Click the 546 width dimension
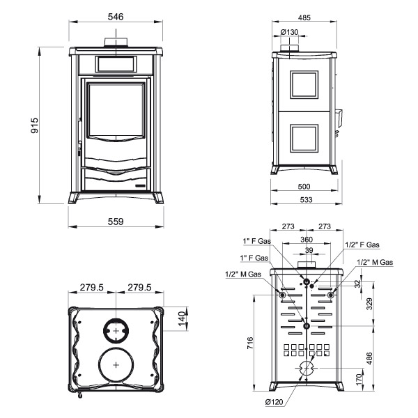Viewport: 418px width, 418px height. click(116, 17)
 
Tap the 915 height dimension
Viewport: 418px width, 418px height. click(34, 125)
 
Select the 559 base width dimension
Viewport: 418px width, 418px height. click(116, 222)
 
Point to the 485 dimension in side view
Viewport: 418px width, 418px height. click(304, 17)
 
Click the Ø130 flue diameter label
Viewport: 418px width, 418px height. click(289, 32)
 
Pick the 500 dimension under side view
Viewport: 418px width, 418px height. click(304, 186)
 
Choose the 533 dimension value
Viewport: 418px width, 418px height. click(306, 200)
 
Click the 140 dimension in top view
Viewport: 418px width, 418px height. click(182, 318)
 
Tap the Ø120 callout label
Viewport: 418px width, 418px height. click(274, 402)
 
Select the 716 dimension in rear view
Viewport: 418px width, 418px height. click(250, 343)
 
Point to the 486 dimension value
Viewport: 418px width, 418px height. click(369, 359)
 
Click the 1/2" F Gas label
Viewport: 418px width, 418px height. click(362, 245)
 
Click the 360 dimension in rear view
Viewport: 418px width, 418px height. click(307, 240)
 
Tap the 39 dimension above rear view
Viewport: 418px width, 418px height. click(309, 250)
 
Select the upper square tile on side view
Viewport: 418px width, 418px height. click(304, 85)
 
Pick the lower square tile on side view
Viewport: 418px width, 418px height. click(304, 138)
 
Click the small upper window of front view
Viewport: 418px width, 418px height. click(116, 64)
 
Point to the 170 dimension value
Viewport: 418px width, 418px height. click(359, 379)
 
